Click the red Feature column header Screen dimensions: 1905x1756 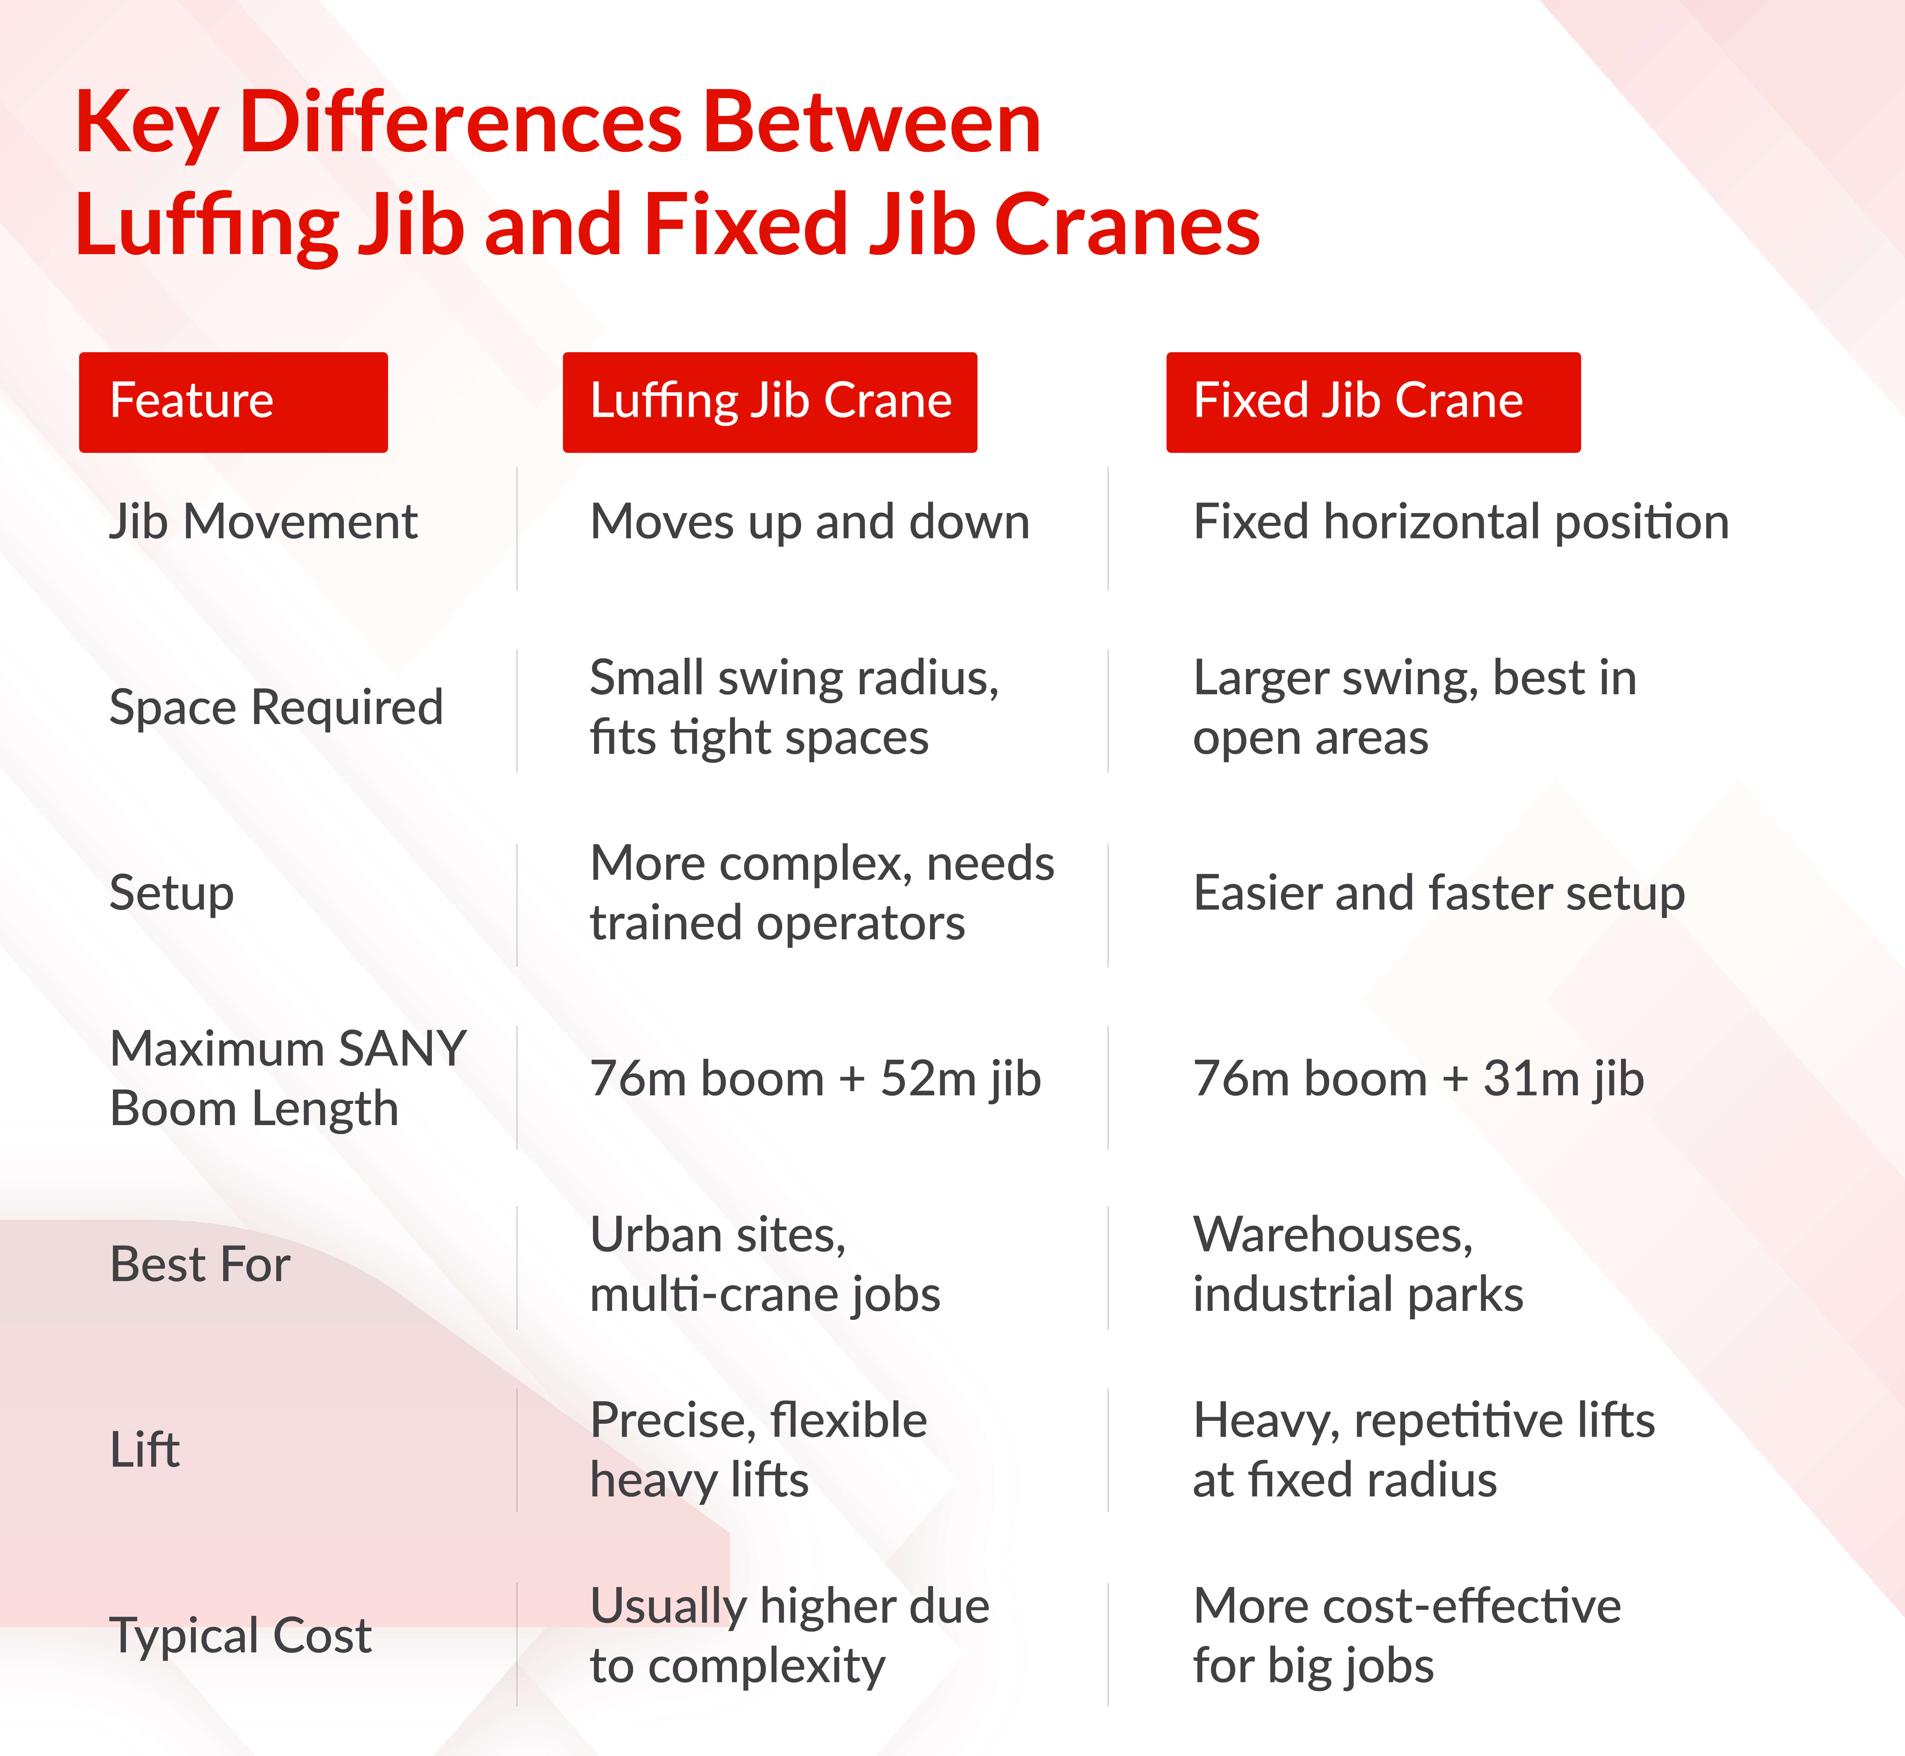click(233, 402)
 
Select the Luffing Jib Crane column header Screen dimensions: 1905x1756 click(770, 402)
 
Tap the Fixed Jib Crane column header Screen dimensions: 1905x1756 click(1373, 402)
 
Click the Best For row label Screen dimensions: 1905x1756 click(200, 1265)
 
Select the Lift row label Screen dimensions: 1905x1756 click(145, 1450)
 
